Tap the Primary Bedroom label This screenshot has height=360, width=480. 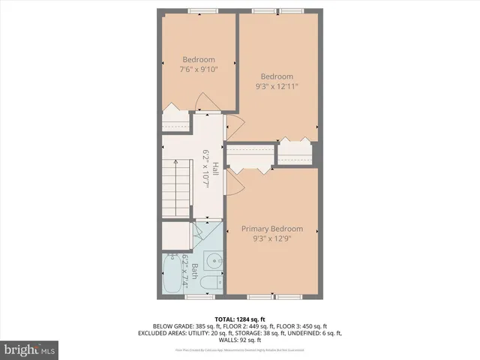[x=271, y=229]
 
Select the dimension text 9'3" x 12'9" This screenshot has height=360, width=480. [x=271, y=239]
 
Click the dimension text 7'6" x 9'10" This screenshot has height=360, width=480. [x=199, y=70]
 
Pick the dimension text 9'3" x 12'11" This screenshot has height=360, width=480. [x=276, y=86]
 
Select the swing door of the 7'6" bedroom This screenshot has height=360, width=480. [x=205, y=101]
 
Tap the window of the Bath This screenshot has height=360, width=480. [x=195, y=298]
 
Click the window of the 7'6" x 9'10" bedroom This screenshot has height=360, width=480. [x=202, y=10]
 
